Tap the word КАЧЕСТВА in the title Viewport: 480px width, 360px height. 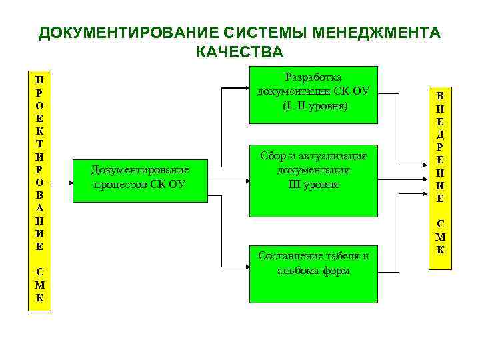pyautogui.click(x=240, y=53)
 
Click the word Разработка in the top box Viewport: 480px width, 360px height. pyautogui.click(x=313, y=77)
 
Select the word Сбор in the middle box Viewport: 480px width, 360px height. pyautogui.click(x=273, y=156)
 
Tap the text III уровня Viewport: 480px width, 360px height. pyautogui.click(x=313, y=184)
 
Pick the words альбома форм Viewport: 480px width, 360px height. pyautogui.click(x=313, y=271)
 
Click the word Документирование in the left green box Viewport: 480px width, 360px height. pyautogui.click(x=140, y=170)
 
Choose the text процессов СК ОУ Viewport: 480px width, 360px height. pyautogui.click(x=140, y=184)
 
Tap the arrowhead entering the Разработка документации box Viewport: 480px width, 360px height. pyautogui.click(x=245, y=87)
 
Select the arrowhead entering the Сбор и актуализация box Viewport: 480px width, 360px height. pyautogui.click(x=245, y=179)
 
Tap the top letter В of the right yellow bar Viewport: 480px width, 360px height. pyautogui.click(x=441, y=94)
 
